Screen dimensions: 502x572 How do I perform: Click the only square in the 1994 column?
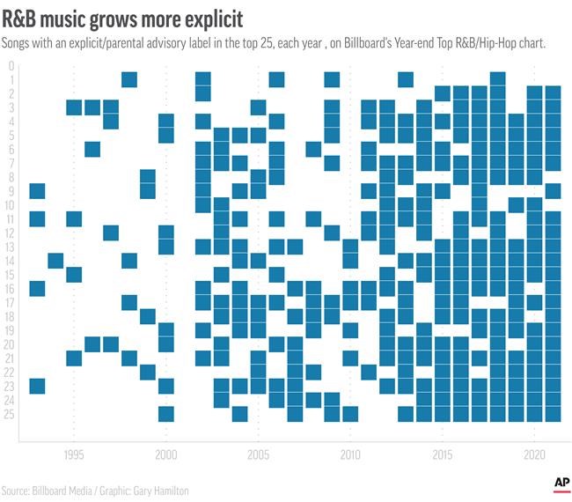tap(55, 261)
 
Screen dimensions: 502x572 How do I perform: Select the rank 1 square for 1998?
tap(129, 80)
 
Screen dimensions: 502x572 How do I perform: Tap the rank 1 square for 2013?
tap(406, 80)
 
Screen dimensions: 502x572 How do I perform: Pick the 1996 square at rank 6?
tap(92, 149)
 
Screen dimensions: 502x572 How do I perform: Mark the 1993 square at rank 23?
tap(37, 386)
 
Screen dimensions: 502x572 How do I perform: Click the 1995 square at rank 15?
tap(74, 274)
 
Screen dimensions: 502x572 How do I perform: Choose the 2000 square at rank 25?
tap(166, 414)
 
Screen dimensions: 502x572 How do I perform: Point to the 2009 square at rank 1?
tap(332, 80)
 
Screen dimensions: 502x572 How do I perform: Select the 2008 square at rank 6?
tap(313, 149)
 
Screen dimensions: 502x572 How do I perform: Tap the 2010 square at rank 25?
tap(350, 414)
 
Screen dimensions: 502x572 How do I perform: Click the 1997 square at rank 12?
tap(111, 233)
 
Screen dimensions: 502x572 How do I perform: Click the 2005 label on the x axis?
tap(258, 455)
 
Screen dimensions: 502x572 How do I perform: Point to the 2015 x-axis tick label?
tap(443, 455)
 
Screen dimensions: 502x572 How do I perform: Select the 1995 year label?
tap(74, 455)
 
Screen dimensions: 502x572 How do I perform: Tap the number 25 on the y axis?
tap(10, 414)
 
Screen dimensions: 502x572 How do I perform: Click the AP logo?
tap(561, 483)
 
